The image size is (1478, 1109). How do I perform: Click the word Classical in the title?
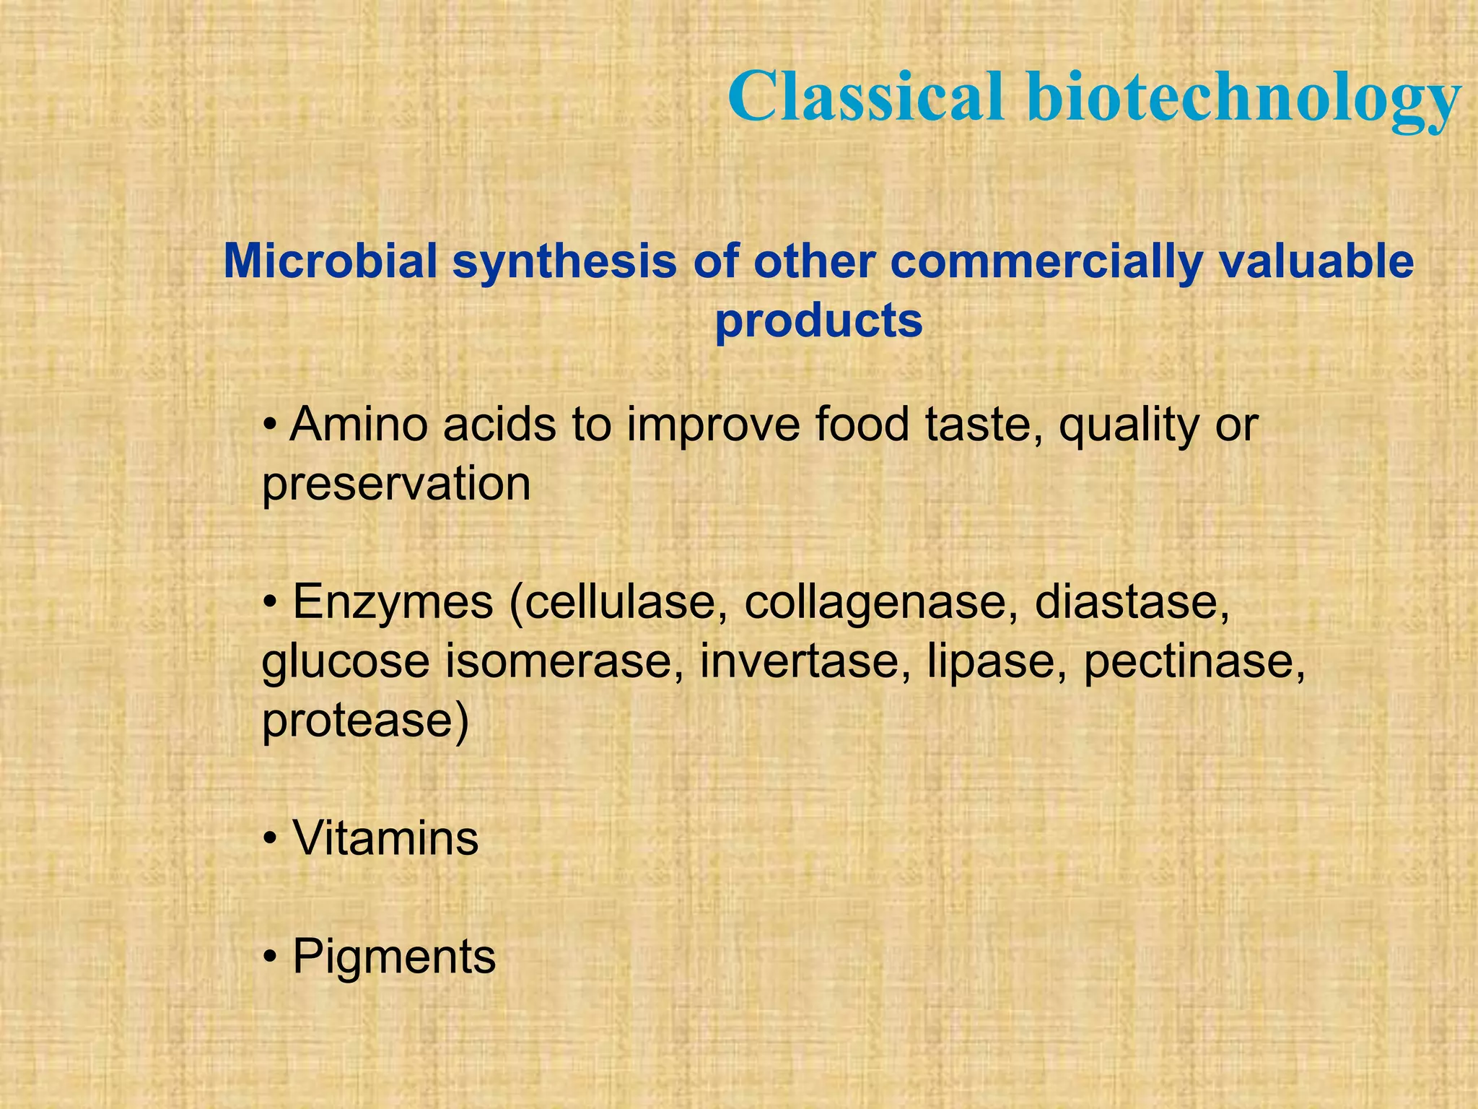pos(866,97)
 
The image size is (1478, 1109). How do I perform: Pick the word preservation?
pos(396,485)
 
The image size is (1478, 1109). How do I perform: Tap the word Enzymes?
pos(393,602)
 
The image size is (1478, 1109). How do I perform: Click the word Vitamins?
pos(385,838)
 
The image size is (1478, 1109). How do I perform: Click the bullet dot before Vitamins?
pos(270,840)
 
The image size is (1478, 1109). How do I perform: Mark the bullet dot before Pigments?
pos(270,958)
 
